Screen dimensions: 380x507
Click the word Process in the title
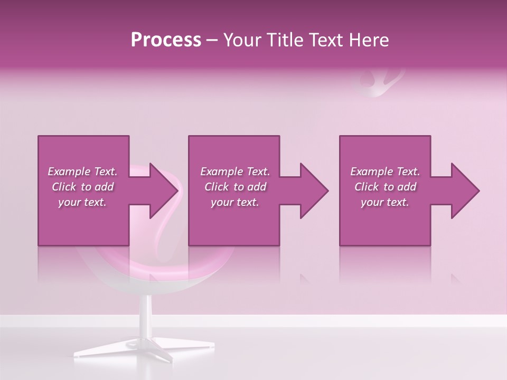click(x=166, y=40)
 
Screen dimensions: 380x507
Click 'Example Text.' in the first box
click(x=82, y=172)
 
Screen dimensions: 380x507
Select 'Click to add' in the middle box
click(x=235, y=187)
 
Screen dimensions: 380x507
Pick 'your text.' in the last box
click(x=385, y=202)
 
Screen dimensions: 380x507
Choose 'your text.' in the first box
click(x=82, y=202)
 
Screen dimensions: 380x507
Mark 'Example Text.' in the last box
click(x=385, y=172)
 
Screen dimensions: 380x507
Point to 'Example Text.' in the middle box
click(x=235, y=172)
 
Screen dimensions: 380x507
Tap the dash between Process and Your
click(x=212, y=41)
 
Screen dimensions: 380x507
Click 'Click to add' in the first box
click(x=82, y=187)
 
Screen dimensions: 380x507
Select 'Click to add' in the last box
click(x=385, y=187)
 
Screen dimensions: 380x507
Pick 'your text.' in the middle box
click(x=235, y=202)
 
